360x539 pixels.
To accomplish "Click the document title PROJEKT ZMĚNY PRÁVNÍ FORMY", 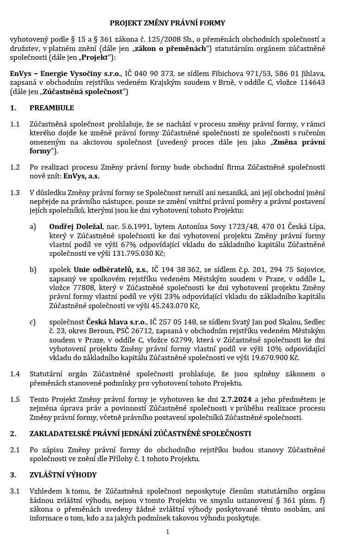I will pos(167,23).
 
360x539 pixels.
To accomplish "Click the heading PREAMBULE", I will pos(51,108).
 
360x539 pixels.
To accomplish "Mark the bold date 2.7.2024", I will pos(237,399).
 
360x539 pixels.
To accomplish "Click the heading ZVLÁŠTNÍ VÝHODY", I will pos(63,475).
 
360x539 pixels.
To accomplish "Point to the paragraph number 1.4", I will pos(15,374).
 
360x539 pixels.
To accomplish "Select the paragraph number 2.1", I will pos(15,450).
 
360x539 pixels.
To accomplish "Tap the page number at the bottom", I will pos(167,532).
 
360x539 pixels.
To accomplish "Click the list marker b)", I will pos(32,270).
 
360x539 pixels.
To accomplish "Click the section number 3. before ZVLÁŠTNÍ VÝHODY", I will pos(13,475).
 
